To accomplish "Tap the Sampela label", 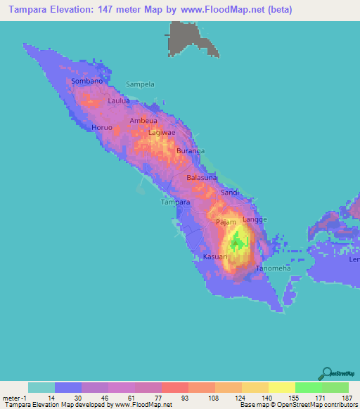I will pos(140,84).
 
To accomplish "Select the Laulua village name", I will pos(120,101).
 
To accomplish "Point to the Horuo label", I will pos(102,128).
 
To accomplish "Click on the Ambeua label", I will pos(144,121).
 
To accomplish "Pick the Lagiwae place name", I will pos(162,132).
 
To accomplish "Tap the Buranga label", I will pos(190,151).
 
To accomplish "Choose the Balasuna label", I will pos(202,178).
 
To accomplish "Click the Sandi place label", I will pos(231,193).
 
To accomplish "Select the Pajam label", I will pos(226,222).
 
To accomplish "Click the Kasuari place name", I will pos(215,257).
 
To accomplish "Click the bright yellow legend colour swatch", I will pos(282,387).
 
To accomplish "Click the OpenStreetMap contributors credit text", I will pos(309,404).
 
